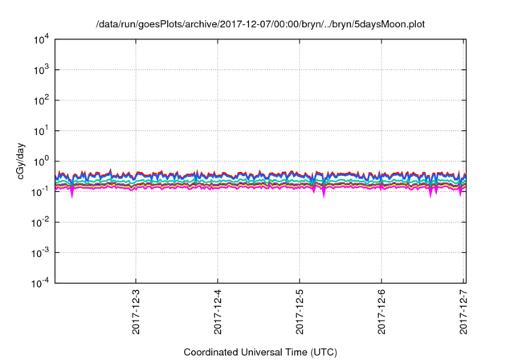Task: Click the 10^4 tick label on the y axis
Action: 40,39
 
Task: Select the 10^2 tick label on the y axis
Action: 40,100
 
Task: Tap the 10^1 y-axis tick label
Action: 40,130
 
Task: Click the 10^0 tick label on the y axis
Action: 40,161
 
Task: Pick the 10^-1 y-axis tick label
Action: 39,191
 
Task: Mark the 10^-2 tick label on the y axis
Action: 39,222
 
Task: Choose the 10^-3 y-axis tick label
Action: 39,252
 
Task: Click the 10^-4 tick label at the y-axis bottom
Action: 39,283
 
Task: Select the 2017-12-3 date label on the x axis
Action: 136,309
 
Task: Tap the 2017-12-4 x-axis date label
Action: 218,309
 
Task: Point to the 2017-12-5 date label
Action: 300,309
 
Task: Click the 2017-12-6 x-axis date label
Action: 381,309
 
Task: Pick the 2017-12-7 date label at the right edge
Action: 463,309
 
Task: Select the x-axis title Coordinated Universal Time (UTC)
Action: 259,352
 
